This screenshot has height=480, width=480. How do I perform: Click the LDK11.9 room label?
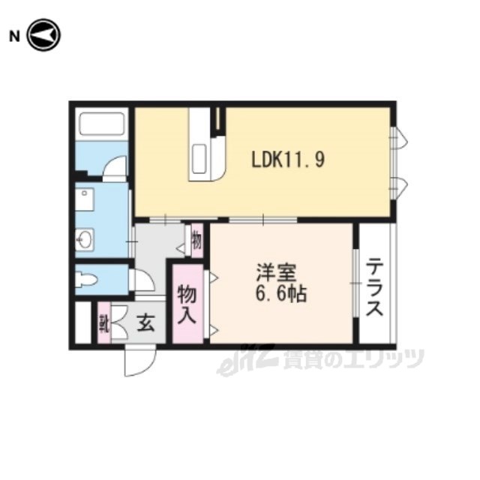(x=288, y=160)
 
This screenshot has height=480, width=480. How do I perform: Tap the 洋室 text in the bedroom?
(x=277, y=272)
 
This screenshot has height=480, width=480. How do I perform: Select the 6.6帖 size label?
(x=280, y=295)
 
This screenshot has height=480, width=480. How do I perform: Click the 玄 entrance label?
(x=145, y=323)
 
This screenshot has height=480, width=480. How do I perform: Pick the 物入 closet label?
(x=187, y=304)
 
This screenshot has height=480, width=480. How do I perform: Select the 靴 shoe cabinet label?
(x=103, y=324)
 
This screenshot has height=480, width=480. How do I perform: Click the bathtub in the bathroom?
(x=102, y=124)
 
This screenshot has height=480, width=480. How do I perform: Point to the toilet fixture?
(x=86, y=279)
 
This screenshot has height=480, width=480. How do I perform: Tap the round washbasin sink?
(x=84, y=240)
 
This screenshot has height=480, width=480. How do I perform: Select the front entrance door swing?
(x=140, y=361)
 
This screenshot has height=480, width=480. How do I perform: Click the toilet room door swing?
(x=142, y=280)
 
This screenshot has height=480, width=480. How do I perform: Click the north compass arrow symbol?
(x=44, y=35)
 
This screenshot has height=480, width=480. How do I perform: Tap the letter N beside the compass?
(x=14, y=37)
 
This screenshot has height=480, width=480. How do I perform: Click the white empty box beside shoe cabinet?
(x=83, y=323)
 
